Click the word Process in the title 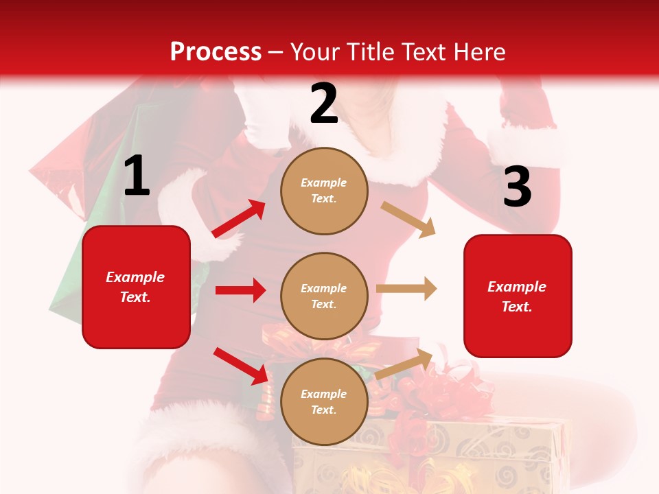216,51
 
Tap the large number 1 137,176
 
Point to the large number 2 324,104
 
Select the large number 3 517,187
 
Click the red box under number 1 136,287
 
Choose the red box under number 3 517,296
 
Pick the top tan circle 324,191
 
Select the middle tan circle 324,296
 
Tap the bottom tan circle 324,401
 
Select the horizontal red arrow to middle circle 240,290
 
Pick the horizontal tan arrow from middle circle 406,289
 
